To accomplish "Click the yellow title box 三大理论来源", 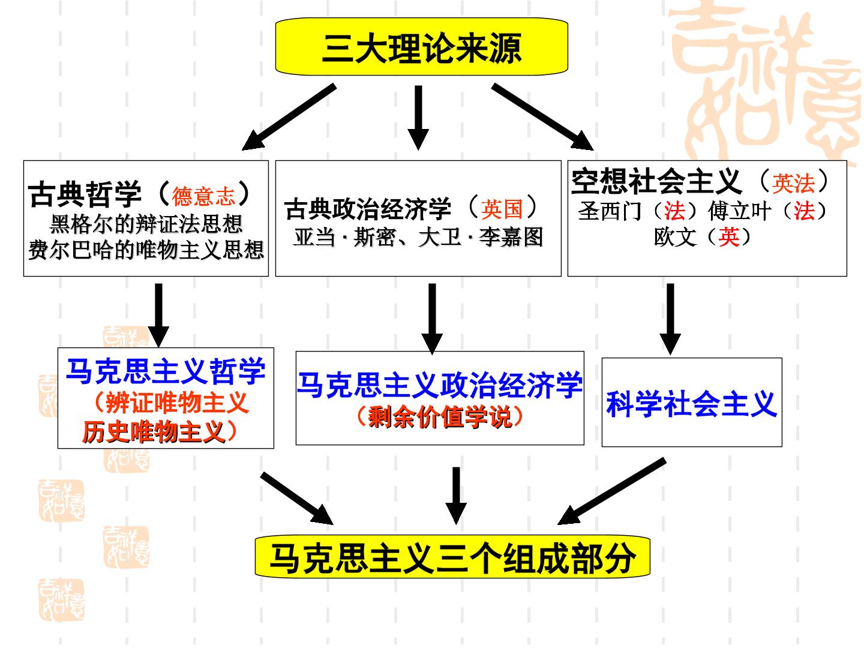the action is [421, 46].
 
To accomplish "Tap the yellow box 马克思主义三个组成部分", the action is [452, 557].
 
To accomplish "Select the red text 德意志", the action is [203, 196].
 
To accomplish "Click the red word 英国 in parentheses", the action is [502, 209].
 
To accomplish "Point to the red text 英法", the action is [793, 184].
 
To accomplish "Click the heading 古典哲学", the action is [85, 194].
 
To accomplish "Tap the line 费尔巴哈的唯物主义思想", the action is [146, 250].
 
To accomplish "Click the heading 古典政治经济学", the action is [368, 209].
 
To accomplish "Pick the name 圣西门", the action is [610, 211].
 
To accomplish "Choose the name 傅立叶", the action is [739, 211].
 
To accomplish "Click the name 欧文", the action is [675, 237].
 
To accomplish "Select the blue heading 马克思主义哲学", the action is [166, 371].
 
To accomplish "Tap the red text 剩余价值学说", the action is [440, 416].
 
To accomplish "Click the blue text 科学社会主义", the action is [692, 404].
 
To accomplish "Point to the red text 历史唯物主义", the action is [154, 431].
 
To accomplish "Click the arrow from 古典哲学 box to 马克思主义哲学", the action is [158, 315].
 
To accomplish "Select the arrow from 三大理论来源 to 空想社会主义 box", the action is [542, 117].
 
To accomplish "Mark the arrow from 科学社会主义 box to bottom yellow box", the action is [611, 491].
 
